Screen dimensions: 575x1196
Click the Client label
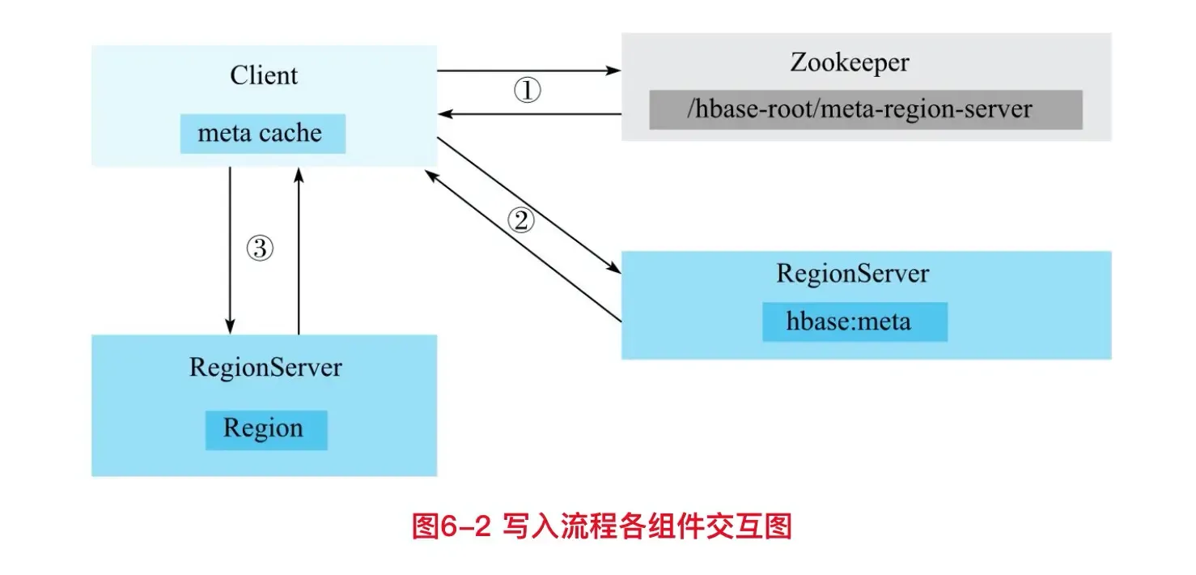(264, 76)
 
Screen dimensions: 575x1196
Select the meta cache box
(262, 134)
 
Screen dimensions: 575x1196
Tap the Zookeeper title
(850, 62)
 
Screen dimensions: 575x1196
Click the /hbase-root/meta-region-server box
(865, 109)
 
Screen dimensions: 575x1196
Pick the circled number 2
(521, 219)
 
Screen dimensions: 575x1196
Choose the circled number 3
(260, 249)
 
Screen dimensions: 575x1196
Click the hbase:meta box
(854, 322)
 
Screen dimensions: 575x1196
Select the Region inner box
(265, 428)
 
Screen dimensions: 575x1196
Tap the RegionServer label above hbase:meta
(853, 273)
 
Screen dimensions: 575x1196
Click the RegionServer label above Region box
(265, 368)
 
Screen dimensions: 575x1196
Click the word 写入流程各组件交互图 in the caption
(647, 526)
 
